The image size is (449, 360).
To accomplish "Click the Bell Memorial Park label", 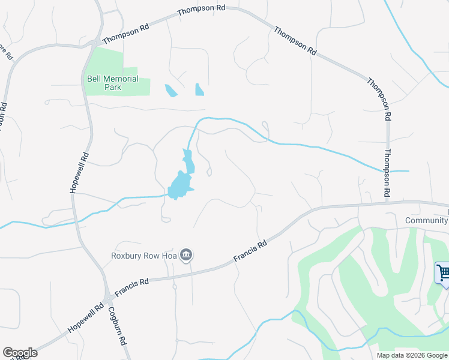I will pyautogui.click(x=113, y=83).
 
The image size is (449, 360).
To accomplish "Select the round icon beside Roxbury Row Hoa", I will pyautogui.click(x=187, y=256).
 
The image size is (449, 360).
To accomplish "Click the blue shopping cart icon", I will pyautogui.click(x=443, y=274).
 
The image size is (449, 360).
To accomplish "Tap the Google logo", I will pyautogui.click(x=20, y=353).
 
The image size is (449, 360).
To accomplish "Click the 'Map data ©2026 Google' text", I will pyautogui.click(x=411, y=355).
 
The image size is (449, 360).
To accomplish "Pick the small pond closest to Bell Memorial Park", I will pyautogui.click(x=171, y=91).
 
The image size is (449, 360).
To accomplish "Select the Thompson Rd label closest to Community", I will pyautogui.click(x=387, y=174).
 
